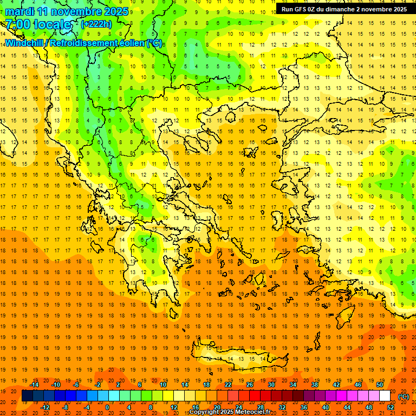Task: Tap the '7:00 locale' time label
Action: point(38,24)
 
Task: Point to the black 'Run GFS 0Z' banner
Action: point(344,9)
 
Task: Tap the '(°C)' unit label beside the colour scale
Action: point(404,396)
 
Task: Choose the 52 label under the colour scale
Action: point(391,407)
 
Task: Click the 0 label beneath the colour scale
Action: point(107,407)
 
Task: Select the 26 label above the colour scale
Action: point(250,385)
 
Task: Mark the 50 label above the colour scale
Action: point(380,385)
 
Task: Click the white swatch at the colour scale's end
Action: point(385,396)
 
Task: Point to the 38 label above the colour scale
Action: point(315,385)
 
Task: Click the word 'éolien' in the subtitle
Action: point(130,43)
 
